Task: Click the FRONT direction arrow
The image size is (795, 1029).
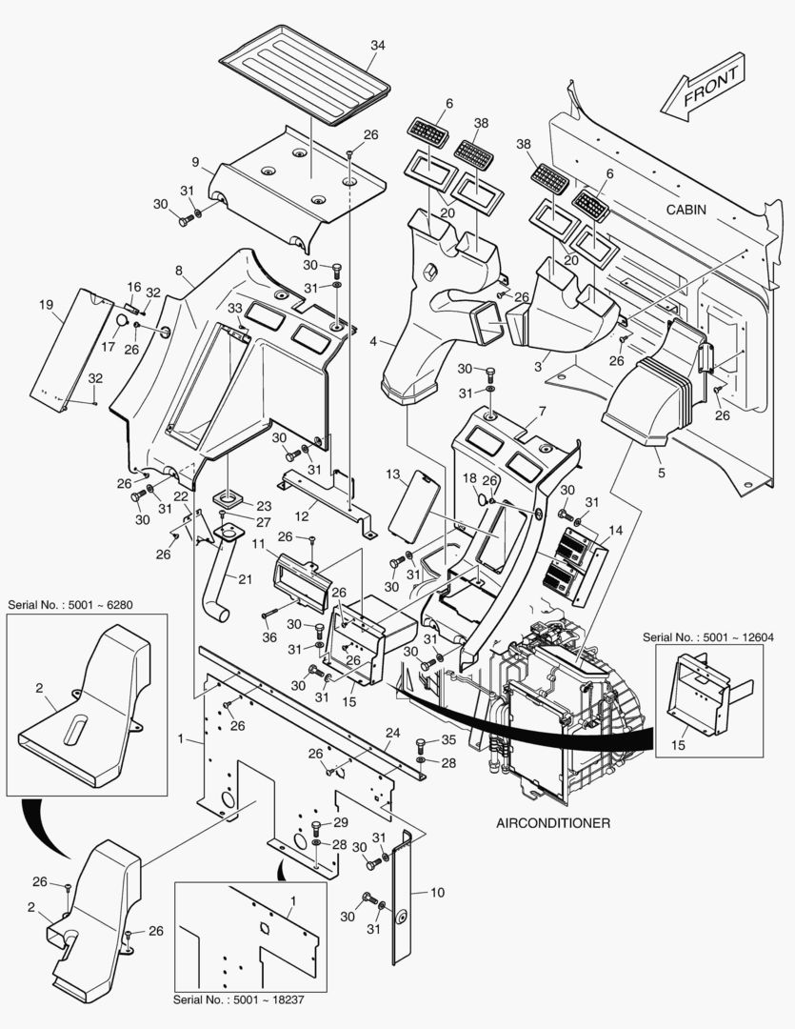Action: coord(704,87)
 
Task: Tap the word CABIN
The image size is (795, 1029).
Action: coord(686,210)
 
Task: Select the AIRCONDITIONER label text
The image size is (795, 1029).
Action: coord(553,823)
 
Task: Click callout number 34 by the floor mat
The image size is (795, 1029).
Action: coord(378,46)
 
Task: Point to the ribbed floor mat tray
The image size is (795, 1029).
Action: coord(305,74)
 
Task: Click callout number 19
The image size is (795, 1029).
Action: coord(46,305)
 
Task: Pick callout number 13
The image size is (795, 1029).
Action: coord(393,474)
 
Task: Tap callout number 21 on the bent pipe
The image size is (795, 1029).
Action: coord(245,579)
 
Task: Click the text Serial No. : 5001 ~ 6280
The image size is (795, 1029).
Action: coord(70,604)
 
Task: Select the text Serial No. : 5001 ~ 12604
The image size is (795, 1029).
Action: coord(707,636)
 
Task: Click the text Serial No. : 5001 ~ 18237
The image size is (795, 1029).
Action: coord(239,999)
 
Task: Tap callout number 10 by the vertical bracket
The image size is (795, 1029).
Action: coord(438,892)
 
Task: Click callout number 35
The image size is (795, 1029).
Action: coord(448,739)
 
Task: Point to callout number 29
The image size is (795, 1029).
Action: coord(341,822)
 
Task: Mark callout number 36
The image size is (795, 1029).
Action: coord(268,636)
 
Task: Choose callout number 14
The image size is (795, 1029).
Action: coord(615,530)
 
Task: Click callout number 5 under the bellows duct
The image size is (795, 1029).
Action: coord(661,473)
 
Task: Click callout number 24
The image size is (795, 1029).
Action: coord(392,733)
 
